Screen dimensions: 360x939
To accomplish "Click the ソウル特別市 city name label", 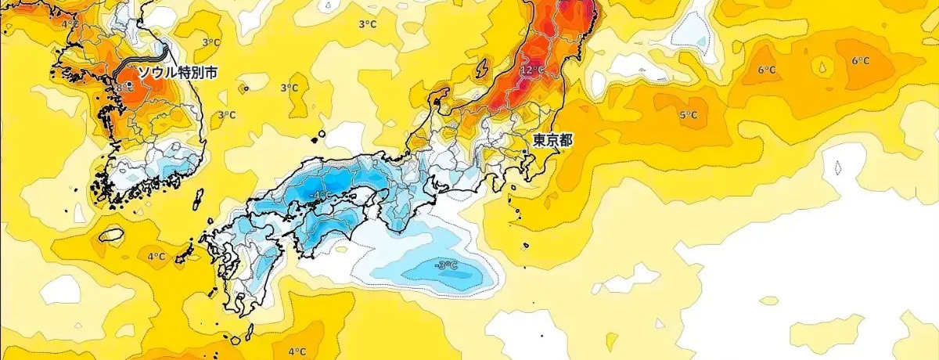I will coord(178,72).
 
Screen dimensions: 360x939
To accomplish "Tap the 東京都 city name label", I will coord(552,141).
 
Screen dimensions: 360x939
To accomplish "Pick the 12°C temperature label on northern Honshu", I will coord(531,70).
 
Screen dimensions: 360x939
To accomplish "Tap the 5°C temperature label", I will coord(688,115).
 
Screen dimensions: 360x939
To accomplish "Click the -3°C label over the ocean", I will coord(446,266).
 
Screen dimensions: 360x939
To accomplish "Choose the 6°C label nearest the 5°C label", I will coord(767,70).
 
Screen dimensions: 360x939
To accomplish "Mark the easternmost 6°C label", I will coord(861,61).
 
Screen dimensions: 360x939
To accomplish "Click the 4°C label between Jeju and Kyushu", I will coord(156,256).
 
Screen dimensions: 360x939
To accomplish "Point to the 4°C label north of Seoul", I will coord(69,23).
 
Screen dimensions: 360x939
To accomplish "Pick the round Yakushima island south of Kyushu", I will coord(234,340).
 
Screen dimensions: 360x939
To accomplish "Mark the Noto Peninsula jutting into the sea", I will coord(441,98).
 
